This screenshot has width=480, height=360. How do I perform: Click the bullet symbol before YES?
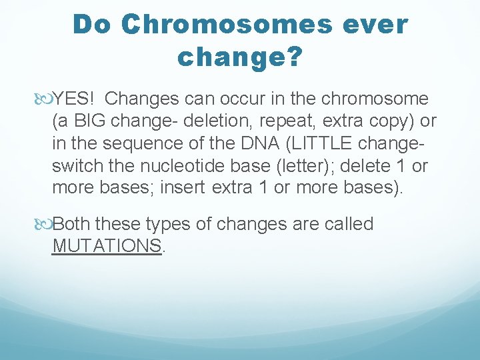pos(46,99)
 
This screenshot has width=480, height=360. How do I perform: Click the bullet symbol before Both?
pos(46,224)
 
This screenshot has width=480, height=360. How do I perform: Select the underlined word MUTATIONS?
pos(107,245)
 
